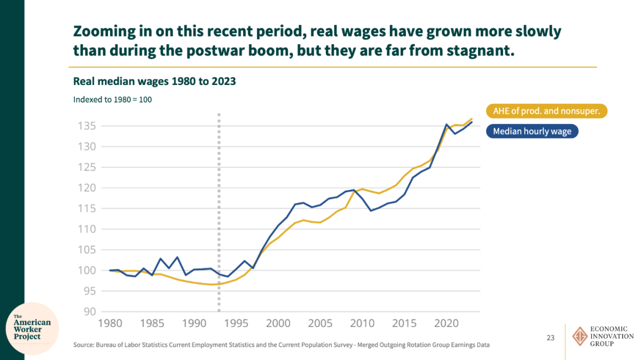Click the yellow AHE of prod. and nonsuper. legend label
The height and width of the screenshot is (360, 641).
(547, 111)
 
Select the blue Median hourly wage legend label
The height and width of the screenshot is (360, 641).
(532, 131)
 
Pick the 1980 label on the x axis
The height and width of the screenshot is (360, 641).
(111, 323)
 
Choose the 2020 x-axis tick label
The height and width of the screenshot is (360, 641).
(446, 323)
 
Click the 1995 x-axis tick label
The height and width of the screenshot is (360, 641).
(236, 323)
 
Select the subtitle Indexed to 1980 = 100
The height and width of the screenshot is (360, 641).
(112, 99)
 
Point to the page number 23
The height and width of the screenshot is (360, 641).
(551, 338)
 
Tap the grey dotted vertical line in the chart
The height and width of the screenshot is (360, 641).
(219, 214)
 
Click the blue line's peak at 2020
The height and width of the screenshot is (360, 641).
(446, 124)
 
